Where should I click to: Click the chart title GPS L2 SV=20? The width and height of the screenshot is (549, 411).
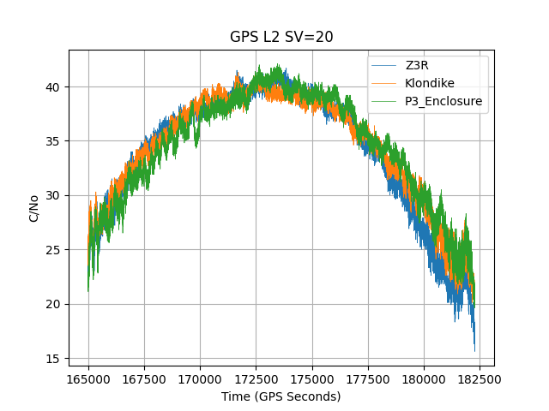pyautogui.click(x=281, y=37)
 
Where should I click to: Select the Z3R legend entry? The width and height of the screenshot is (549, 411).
pyautogui.click(x=418, y=65)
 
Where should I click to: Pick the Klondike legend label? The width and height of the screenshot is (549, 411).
pyautogui.click(x=429, y=83)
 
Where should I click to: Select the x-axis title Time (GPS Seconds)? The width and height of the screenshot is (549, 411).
pyautogui.click(x=281, y=396)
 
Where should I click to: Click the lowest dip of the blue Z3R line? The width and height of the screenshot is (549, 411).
pyautogui.click(x=474, y=349)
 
